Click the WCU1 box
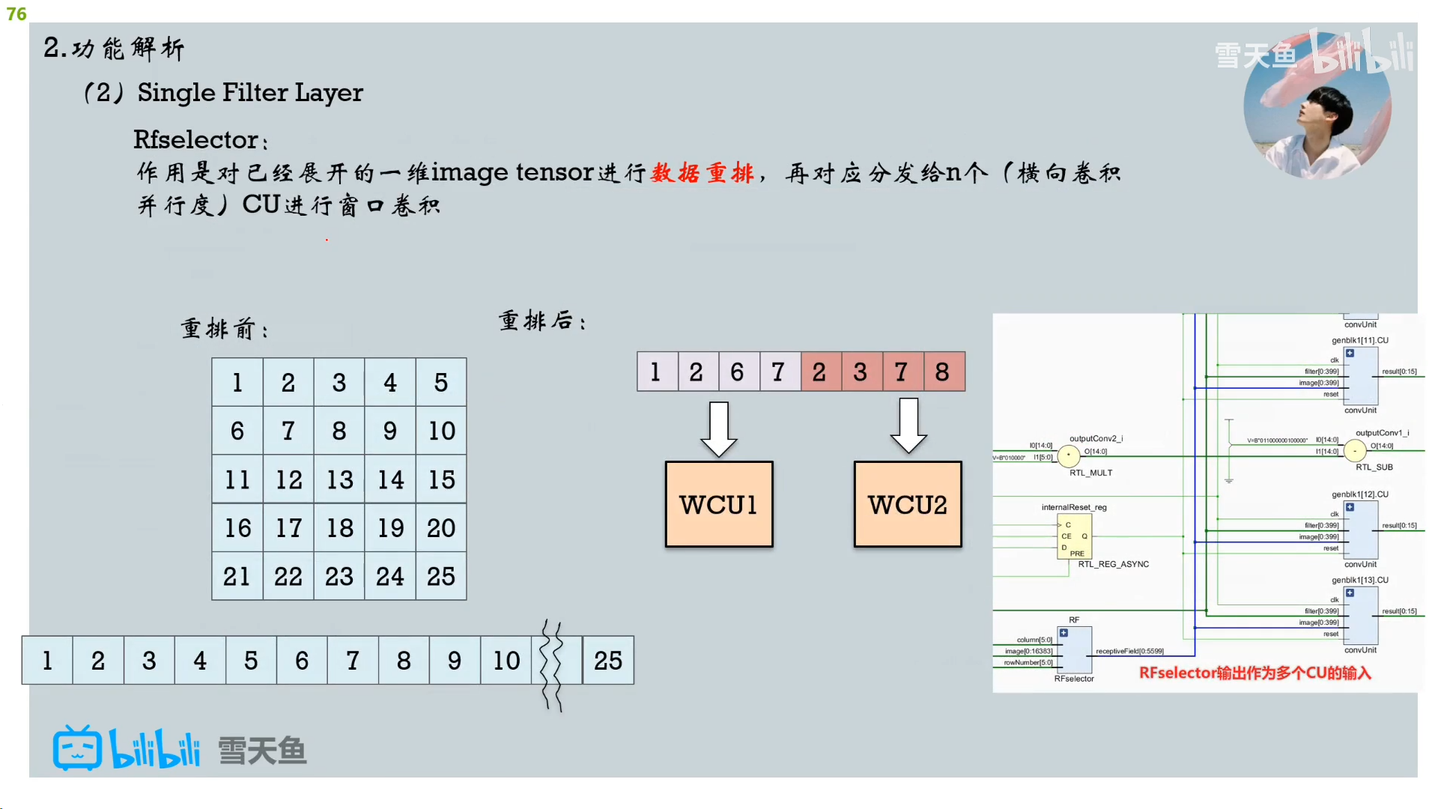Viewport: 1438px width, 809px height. [x=719, y=504]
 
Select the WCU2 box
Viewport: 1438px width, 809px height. [x=908, y=504]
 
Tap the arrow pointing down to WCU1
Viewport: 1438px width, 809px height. [x=719, y=428]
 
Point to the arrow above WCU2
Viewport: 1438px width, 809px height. [x=908, y=425]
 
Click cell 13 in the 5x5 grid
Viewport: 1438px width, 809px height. [x=339, y=479]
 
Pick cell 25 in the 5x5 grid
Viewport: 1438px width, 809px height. [x=441, y=576]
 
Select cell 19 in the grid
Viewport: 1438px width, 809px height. [x=390, y=528]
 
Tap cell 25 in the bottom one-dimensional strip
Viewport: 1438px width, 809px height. [x=608, y=661]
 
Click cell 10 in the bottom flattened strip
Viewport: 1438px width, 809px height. [x=506, y=661]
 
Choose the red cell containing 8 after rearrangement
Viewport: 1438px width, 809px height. [x=942, y=372]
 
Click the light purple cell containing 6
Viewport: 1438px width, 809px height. [x=738, y=372]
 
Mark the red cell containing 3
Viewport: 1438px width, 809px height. [x=861, y=372]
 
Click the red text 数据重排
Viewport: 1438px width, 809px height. [x=703, y=173]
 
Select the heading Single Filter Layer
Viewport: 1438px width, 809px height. [x=250, y=92]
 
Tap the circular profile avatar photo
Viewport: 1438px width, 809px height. [x=1317, y=105]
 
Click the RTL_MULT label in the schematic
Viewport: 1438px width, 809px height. [x=1090, y=473]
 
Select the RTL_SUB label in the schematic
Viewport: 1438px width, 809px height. [x=1374, y=467]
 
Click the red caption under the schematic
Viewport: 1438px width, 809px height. [x=1255, y=673]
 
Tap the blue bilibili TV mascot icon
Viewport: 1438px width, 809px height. [x=77, y=748]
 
